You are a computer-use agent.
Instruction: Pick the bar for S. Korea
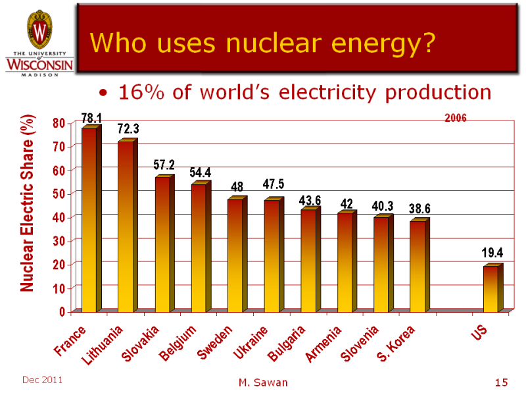[x=418, y=266]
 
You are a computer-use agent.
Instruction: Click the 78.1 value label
[x=91, y=118]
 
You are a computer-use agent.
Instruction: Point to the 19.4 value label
[x=492, y=253]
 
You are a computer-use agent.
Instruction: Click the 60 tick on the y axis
[x=59, y=170]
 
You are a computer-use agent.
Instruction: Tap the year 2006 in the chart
[x=455, y=118]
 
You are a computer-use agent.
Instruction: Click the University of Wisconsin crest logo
[x=40, y=30]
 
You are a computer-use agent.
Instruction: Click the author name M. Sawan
[x=262, y=382]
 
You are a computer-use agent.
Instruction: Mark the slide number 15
[x=502, y=382]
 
